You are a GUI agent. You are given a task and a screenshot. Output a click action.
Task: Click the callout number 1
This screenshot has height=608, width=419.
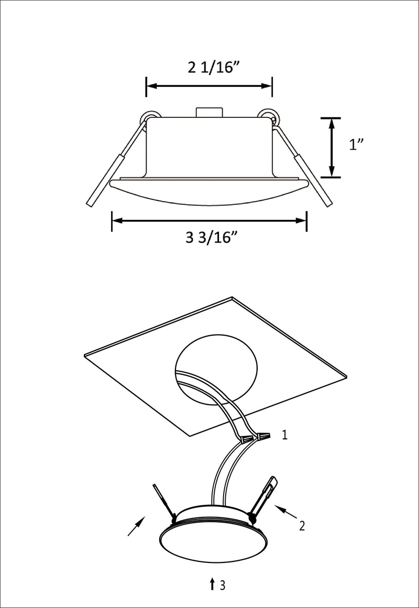click(x=285, y=435)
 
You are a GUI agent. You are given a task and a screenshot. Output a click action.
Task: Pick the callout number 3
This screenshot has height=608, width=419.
click(x=222, y=585)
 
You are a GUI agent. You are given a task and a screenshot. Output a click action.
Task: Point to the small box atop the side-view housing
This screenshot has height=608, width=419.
click(x=210, y=113)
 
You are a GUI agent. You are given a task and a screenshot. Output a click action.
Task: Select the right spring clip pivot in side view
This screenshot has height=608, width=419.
click(x=268, y=115)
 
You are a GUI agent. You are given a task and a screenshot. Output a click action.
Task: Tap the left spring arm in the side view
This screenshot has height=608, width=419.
click(x=116, y=161)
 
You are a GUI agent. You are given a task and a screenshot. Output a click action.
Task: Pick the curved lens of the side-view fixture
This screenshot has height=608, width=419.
click(x=210, y=192)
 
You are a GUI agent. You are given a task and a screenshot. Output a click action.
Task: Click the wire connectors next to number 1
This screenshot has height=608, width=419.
click(x=256, y=438)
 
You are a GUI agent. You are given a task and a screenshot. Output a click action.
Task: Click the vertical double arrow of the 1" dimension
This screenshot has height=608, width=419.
click(x=332, y=147)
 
